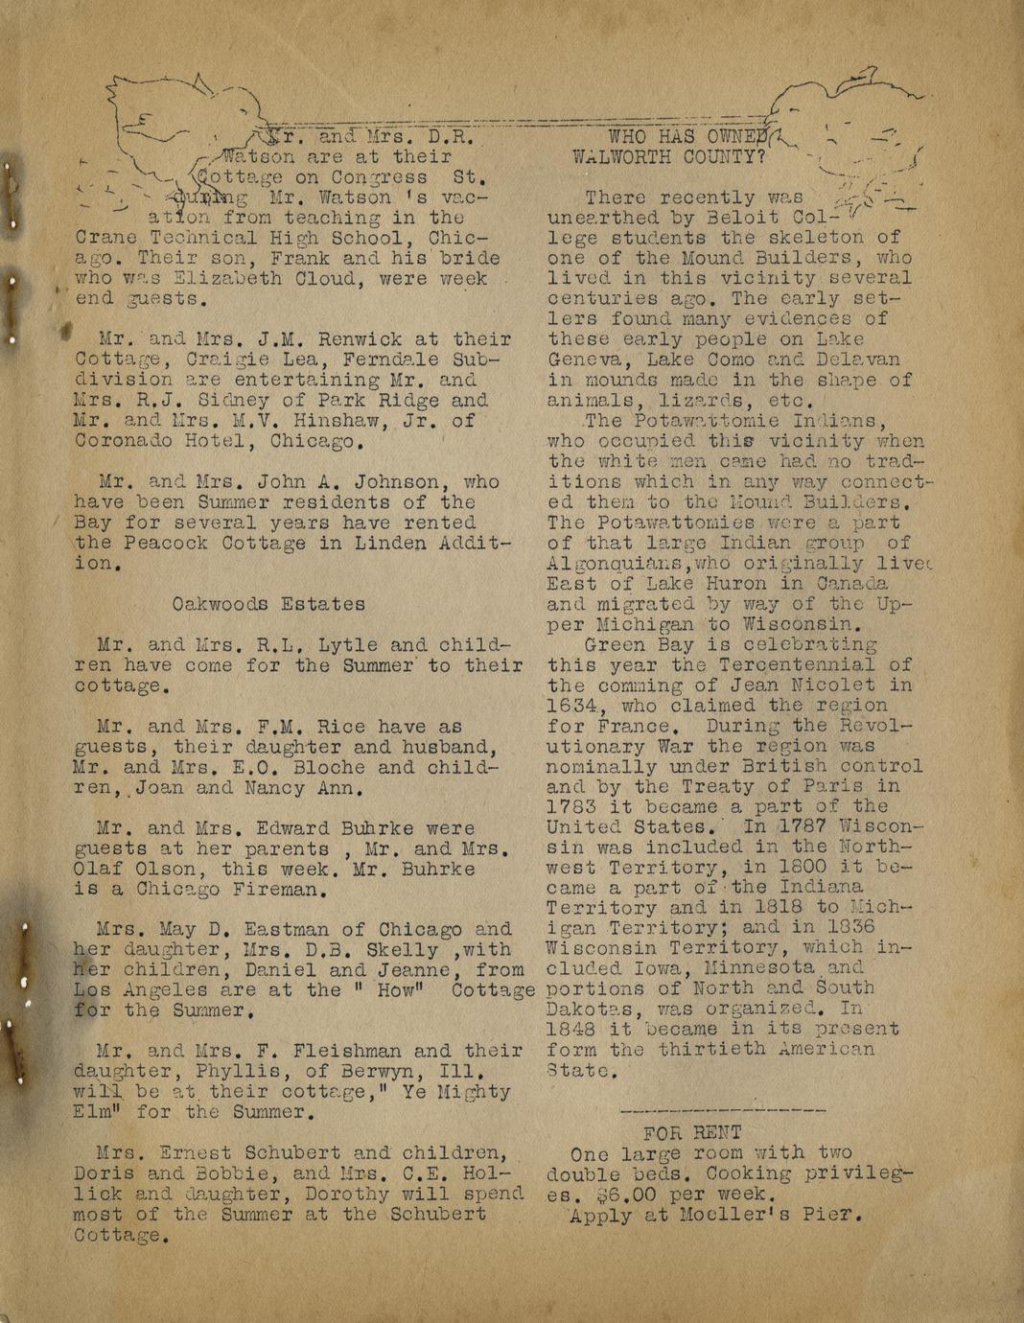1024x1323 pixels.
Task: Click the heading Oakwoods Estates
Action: [268, 604]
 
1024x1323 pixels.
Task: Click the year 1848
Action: [571, 1029]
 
